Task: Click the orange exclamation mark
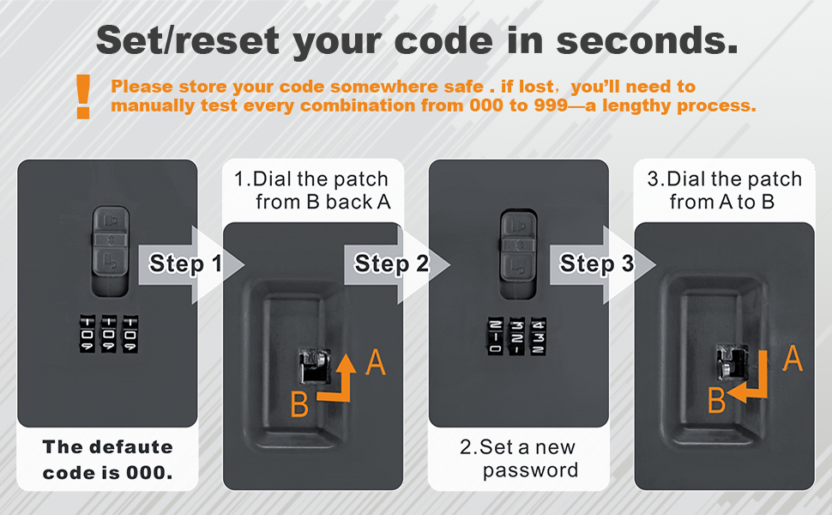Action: [83, 96]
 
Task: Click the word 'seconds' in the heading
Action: [647, 41]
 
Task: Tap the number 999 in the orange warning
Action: [551, 105]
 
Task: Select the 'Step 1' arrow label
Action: [184, 264]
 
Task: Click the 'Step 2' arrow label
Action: [391, 264]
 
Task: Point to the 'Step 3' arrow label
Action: [596, 264]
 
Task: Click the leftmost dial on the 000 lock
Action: [87, 334]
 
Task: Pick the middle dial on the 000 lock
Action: [109, 334]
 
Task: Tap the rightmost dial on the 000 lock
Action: [130, 334]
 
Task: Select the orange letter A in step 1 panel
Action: [375, 362]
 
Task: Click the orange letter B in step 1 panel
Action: [299, 404]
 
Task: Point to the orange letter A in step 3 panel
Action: [793, 359]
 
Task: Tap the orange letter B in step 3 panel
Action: [716, 400]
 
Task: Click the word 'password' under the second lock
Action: [530, 471]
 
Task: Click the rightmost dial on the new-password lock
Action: [538, 337]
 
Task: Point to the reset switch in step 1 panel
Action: [314, 366]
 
